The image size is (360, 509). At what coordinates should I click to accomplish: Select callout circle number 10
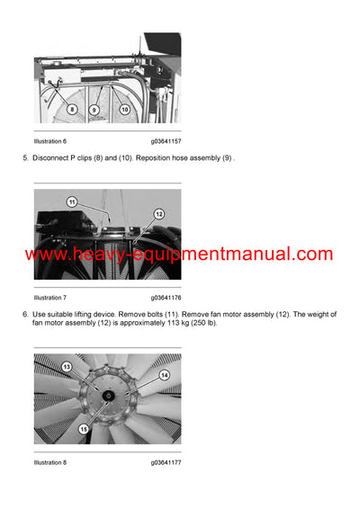(x=124, y=110)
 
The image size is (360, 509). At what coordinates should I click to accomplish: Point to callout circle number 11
(x=72, y=202)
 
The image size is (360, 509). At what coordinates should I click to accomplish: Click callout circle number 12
(x=158, y=214)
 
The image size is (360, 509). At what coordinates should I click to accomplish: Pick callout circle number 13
(x=66, y=366)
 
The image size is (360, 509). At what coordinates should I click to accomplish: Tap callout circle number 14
(x=164, y=374)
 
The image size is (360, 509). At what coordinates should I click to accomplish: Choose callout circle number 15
(x=84, y=429)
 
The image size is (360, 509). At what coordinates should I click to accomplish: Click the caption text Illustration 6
(x=49, y=141)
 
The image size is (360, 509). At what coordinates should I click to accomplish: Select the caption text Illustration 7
(x=49, y=297)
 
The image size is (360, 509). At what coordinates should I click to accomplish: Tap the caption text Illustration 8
(x=49, y=461)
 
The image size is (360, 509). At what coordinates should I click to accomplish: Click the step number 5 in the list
(x=24, y=158)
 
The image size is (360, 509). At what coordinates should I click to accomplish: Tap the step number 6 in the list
(x=24, y=314)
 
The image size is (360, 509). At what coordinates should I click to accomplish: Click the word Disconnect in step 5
(x=53, y=158)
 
